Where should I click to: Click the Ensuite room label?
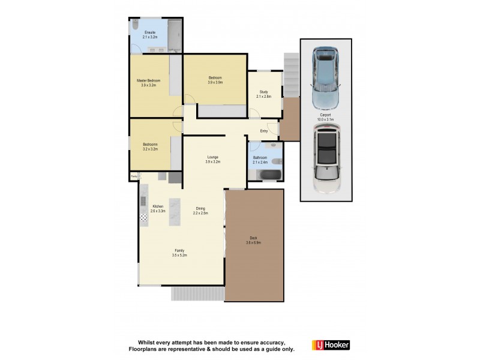click(150, 32)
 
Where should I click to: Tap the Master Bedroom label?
click(148, 80)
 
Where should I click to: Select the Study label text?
click(264, 92)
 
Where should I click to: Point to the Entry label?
click(264, 131)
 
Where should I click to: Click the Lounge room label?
click(213, 157)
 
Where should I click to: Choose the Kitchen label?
click(158, 206)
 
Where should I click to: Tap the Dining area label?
click(200, 209)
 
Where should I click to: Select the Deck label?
click(254, 238)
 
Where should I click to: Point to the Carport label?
click(325, 115)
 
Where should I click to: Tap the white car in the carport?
click(326, 158)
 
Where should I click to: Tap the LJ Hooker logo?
click(331, 345)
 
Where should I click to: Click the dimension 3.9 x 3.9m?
click(215, 82)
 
